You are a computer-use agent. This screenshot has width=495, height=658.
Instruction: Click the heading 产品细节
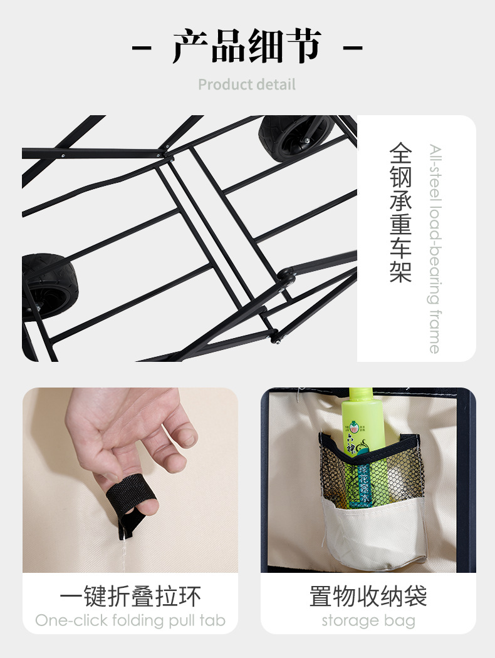click(x=247, y=47)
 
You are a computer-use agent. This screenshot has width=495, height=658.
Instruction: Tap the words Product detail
click(x=247, y=85)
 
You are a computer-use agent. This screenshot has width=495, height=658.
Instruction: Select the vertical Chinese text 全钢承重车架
click(x=400, y=212)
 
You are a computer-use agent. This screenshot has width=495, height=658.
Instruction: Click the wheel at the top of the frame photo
click(x=295, y=137)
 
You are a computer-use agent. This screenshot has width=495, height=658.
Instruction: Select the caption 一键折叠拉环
click(x=130, y=596)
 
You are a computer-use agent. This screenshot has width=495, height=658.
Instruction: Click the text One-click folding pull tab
click(x=130, y=620)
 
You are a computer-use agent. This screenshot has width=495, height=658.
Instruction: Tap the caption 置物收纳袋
click(x=368, y=596)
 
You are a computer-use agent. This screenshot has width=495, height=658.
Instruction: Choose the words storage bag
click(x=368, y=620)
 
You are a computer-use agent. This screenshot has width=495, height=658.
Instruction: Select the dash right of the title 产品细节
click(x=353, y=48)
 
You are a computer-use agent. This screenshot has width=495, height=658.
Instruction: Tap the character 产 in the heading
click(x=190, y=47)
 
